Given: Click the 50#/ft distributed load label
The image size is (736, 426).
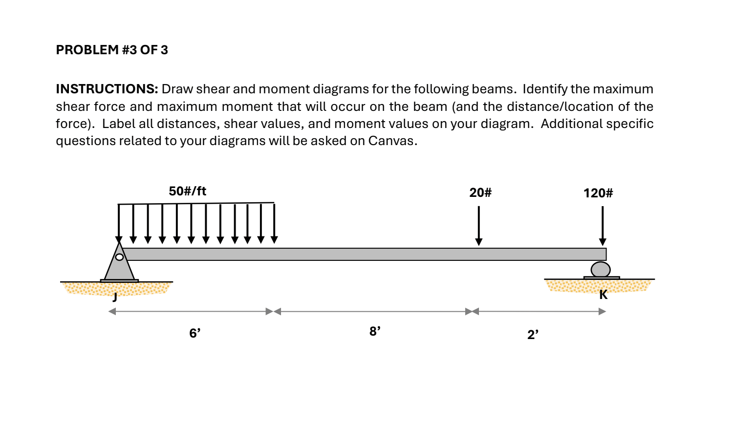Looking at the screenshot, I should (188, 191).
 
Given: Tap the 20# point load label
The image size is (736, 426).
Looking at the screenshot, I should (480, 192).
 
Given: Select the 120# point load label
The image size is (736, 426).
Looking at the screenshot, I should (598, 193).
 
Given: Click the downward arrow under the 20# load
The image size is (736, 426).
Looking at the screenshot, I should (479, 225).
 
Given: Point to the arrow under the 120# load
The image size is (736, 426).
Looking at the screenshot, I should (603, 225).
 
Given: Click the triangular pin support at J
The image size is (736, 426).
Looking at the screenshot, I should (119, 266).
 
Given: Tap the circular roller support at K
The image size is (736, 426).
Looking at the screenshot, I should (601, 269).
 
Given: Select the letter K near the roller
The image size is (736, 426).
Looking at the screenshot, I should (604, 295).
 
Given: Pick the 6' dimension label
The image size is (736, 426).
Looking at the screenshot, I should (195, 333).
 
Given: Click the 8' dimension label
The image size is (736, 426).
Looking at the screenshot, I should (375, 332).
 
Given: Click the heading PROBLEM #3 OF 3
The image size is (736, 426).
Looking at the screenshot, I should (112, 50).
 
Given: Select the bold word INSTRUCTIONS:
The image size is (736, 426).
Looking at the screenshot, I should (107, 89).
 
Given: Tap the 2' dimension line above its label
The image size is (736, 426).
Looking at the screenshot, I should (538, 311).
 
